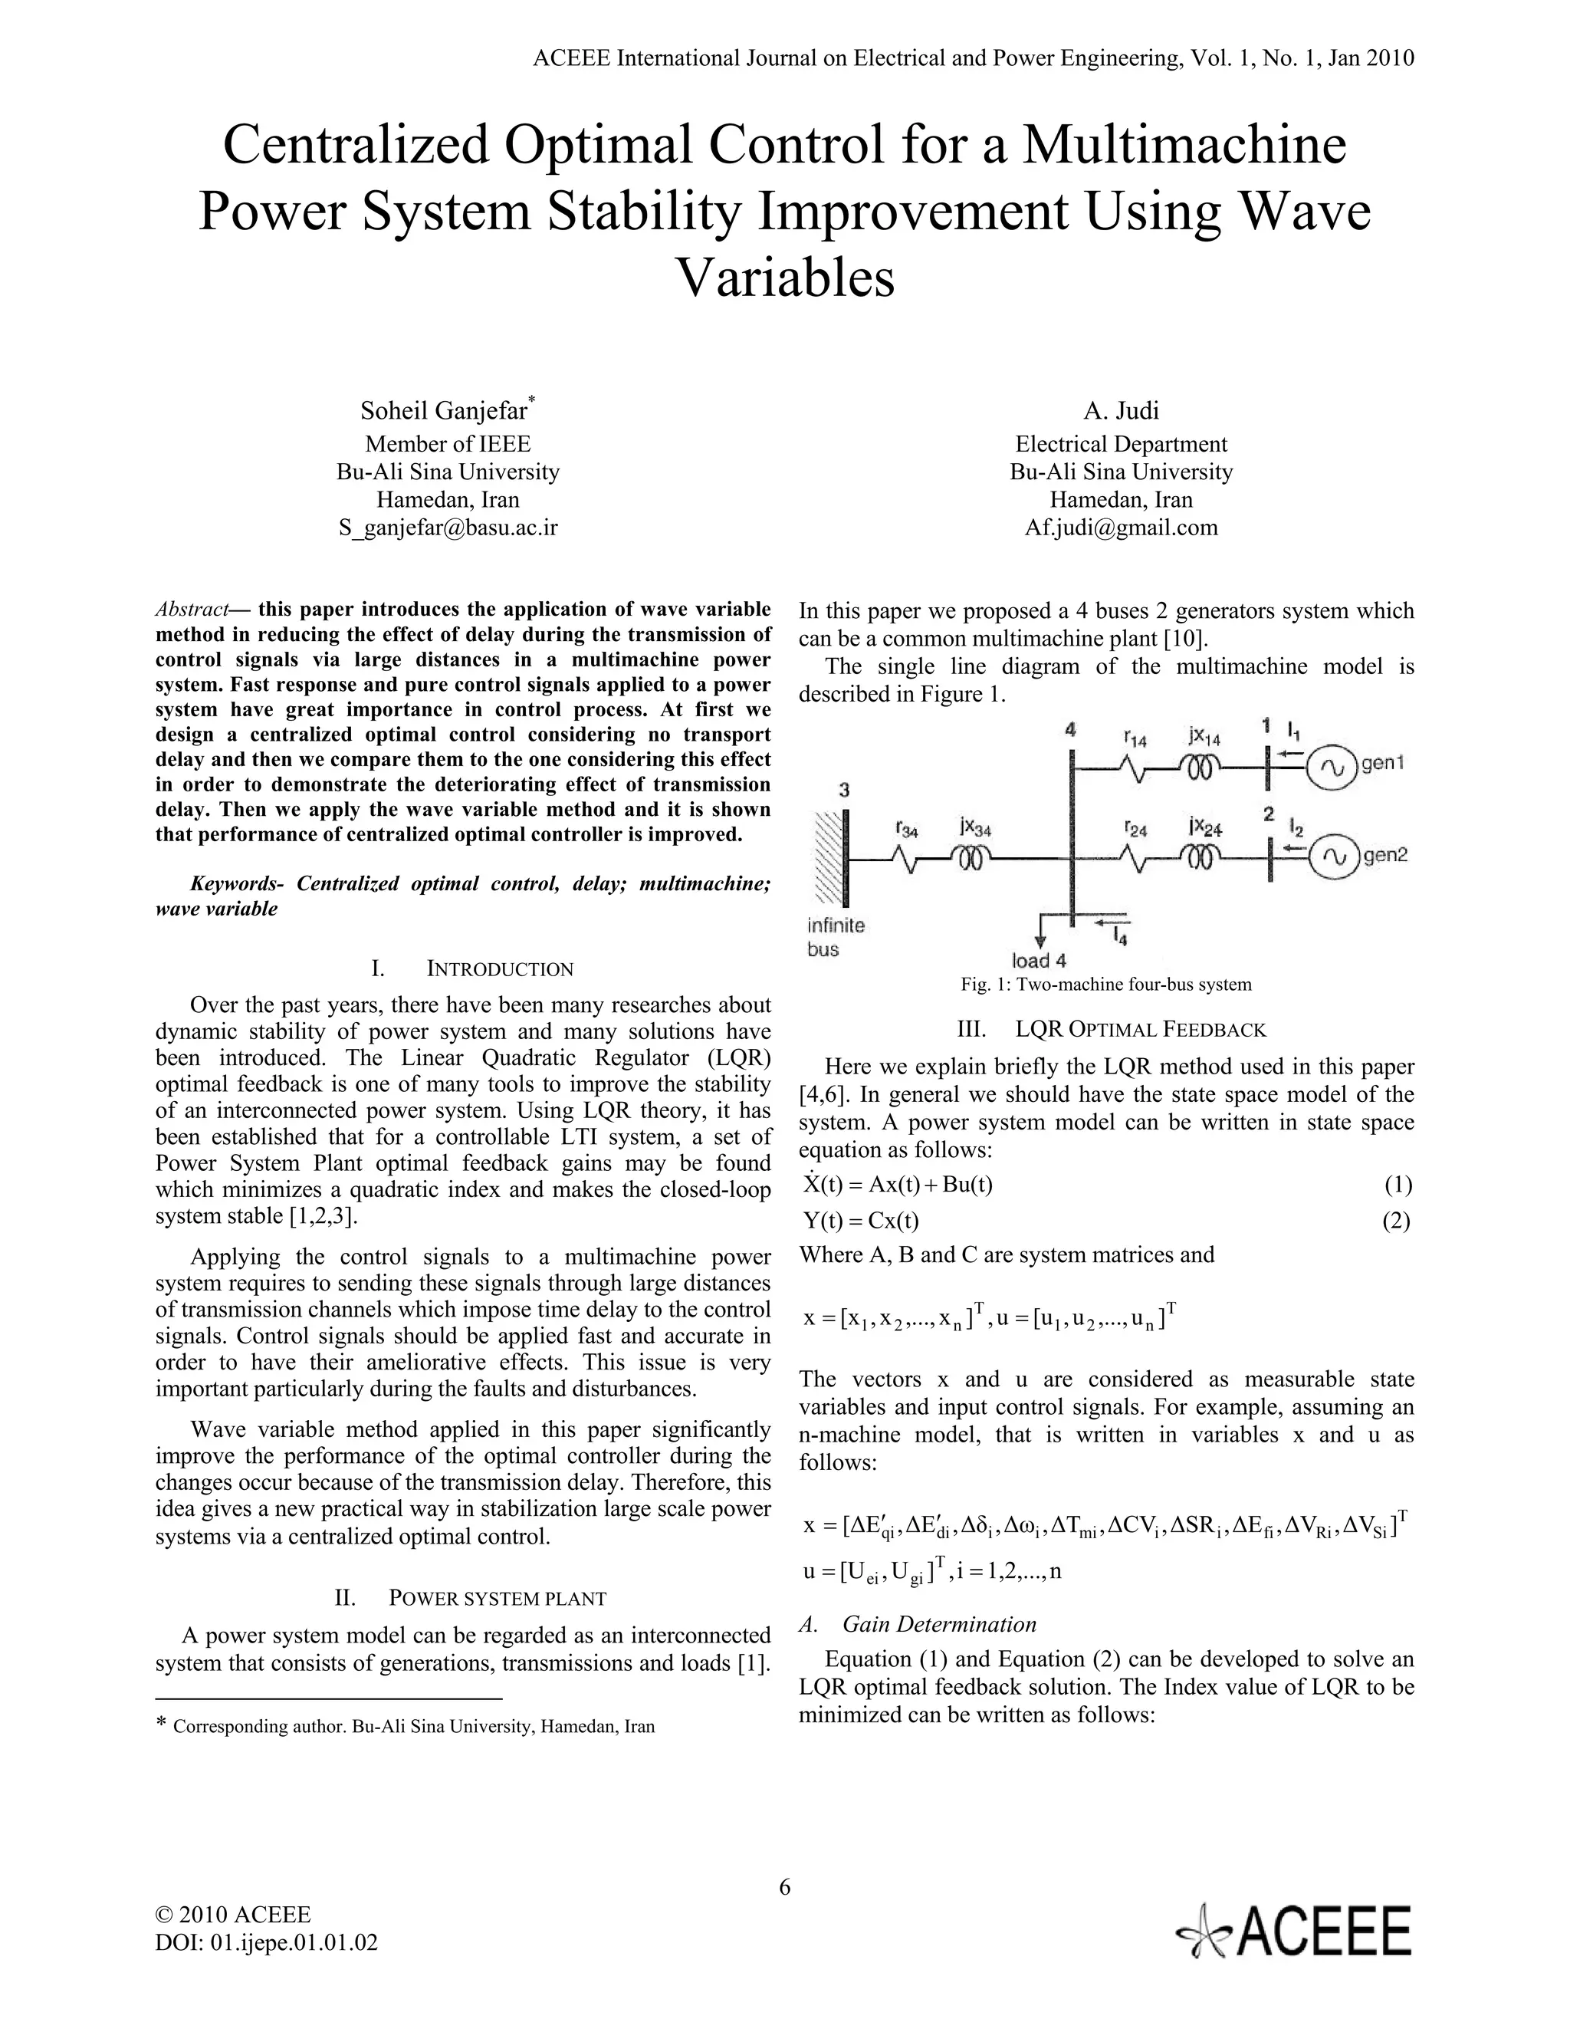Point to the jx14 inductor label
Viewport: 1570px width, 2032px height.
(1204, 738)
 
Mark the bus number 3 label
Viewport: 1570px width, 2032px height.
(843, 790)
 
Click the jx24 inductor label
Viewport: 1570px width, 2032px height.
(1204, 826)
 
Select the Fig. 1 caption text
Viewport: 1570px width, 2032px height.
(1106, 985)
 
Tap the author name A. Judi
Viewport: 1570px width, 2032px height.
(1121, 410)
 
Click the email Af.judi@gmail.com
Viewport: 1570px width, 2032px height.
(1121, 528)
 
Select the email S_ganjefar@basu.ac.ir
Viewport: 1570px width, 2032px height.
(448, 528)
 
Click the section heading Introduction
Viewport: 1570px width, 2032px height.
(500, 969)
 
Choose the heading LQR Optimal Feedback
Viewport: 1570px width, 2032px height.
(1140, 1030)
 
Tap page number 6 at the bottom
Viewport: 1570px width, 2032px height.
(784, 1887)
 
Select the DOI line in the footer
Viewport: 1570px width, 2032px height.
(266, 1943)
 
